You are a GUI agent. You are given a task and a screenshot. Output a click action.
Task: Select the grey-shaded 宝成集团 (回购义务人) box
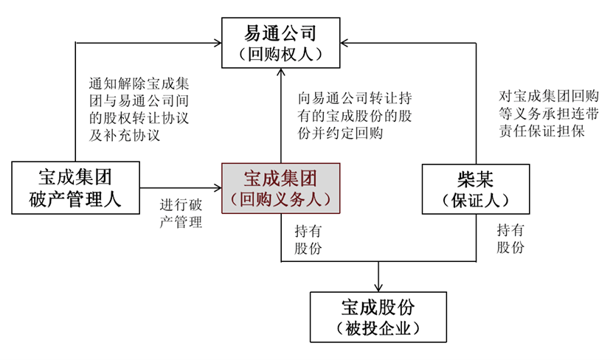[x=280, y=187]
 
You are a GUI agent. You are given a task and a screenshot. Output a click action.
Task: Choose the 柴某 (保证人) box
[x=475, y=187]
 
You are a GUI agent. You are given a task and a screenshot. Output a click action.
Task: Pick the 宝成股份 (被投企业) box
[x=379, y=316]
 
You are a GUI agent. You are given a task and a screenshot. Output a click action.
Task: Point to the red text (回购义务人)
[x=280, y=199]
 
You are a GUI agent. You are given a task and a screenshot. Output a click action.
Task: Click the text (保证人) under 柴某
[x=475, y=199]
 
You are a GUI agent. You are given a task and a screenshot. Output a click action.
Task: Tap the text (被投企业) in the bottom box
[x=379, y=328]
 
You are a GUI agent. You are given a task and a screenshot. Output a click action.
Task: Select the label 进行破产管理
[x=181, y=212]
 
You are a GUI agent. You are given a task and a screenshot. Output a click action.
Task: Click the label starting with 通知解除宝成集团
[x=134, y=109]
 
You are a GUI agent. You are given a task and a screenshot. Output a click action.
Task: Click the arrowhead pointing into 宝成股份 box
[x=379, y=286]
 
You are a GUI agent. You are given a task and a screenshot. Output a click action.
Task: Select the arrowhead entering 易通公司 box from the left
[x=218, y=43]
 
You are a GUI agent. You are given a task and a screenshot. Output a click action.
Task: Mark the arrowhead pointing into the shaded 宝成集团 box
[x=218, y=187]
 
